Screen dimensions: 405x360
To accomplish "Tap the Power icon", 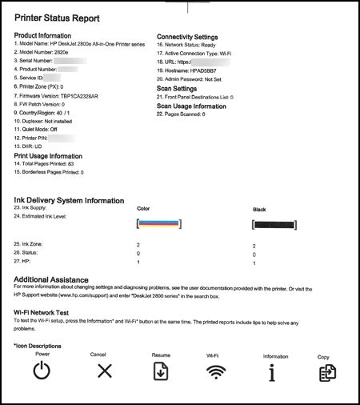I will click(42, 371).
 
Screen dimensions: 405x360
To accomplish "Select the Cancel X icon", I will click(105, 371).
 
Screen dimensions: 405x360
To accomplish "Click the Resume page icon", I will click(161, 371).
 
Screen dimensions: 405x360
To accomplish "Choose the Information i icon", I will click(271, 371).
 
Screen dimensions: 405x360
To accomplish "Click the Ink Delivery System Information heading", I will click(70, 200).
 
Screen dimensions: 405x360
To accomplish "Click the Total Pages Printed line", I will click(49, 163).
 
